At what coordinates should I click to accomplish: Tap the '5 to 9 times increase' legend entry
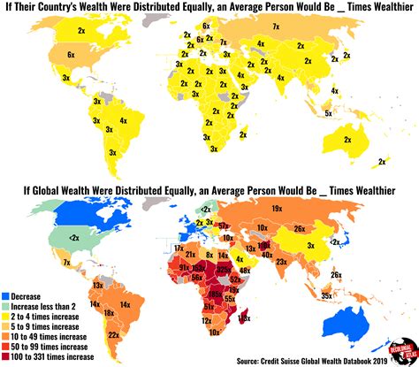pyautogui.click(x=56, y=323)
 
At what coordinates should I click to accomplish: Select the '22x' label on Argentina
pyautogui.click(x=113, y=336)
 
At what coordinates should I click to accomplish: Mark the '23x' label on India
pyautogui.click(x=281, y=262)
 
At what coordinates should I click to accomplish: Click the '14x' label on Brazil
pyautogui.click(x=126, y=304)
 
